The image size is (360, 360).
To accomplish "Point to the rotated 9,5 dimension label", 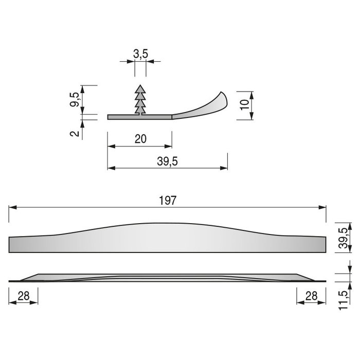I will [x=75, y=99].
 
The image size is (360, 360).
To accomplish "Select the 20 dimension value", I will [x=140, y=139].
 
